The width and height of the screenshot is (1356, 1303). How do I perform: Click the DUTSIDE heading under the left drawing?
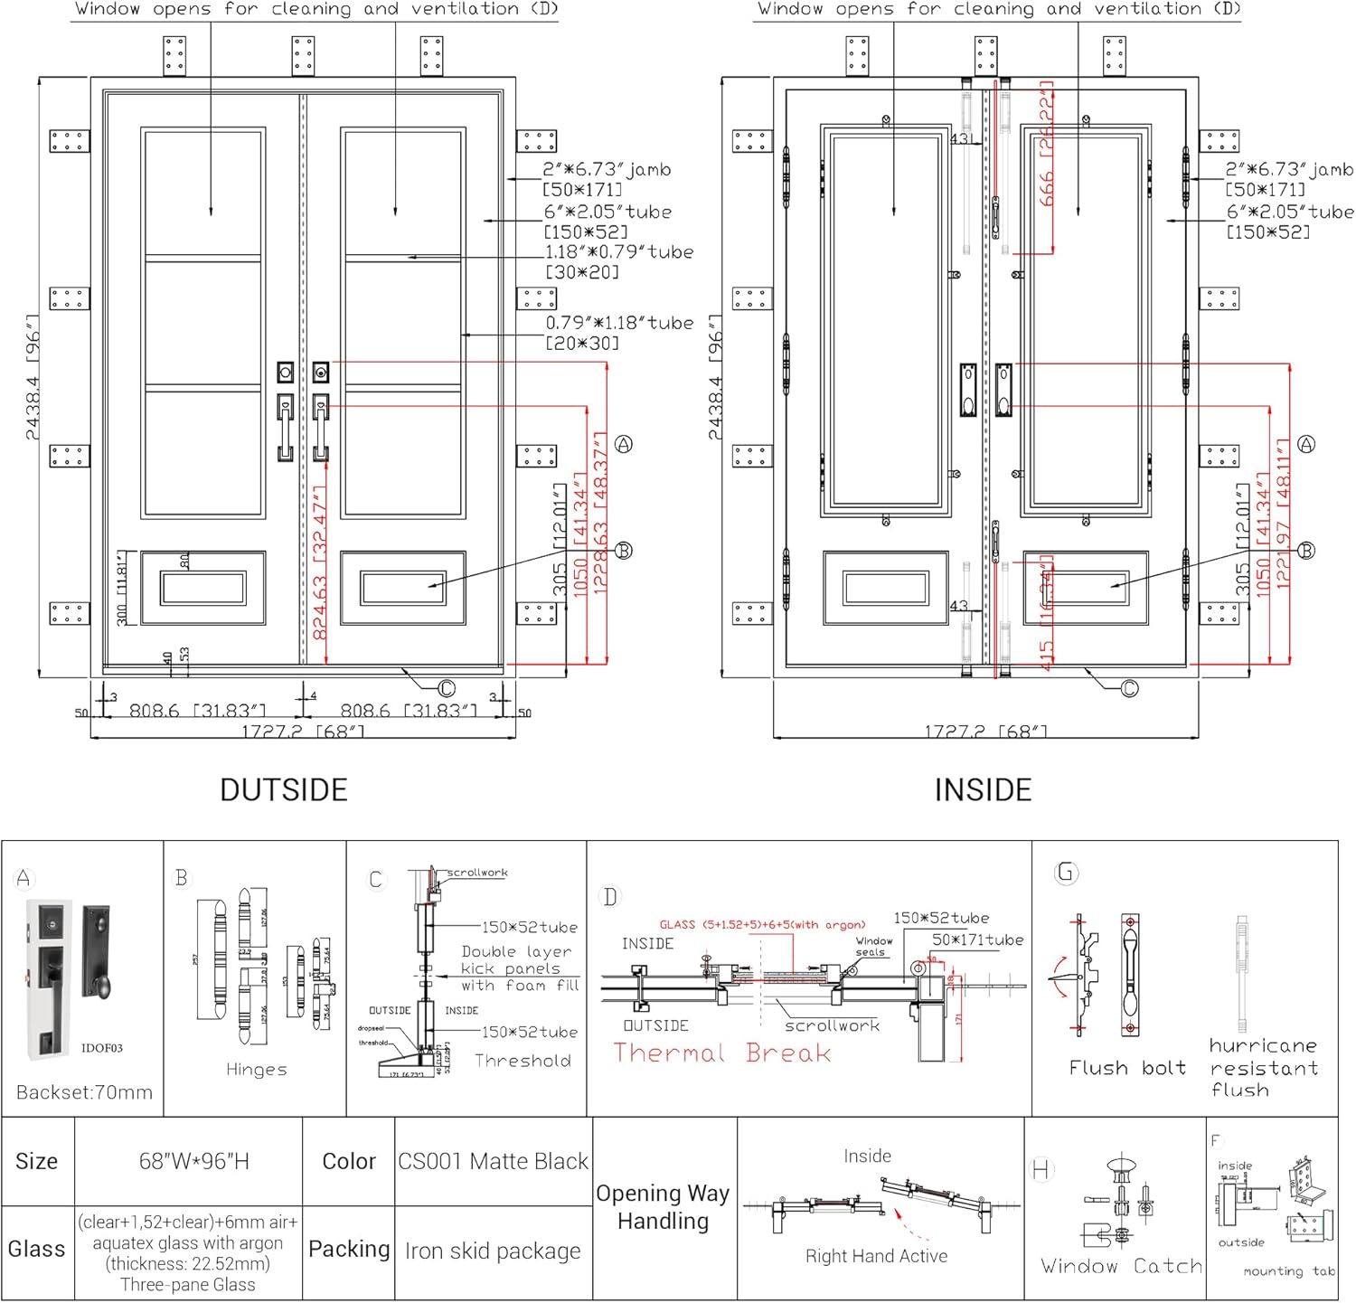point(284,789)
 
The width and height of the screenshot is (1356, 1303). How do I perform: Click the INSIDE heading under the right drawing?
point(983,789)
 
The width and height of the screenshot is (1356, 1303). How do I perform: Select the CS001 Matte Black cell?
point(493,1161)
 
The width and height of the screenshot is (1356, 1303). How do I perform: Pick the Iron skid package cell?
point(493,1251)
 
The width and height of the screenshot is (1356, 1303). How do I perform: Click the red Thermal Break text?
point(721,1053)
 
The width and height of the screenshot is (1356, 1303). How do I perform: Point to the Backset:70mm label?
point(84,1092)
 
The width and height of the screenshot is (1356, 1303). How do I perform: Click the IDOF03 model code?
point(101,1048)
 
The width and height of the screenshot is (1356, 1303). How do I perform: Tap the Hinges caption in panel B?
point(257,1069)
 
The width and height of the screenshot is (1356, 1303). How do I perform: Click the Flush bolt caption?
point(1126,1068)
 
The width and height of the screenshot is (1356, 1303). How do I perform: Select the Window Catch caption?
point(1121,1266)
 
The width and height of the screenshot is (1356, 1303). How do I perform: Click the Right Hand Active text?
point(876,1256)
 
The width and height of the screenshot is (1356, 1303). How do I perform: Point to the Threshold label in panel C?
point(523,1061)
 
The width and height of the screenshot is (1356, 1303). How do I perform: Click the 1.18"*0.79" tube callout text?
point(618,252)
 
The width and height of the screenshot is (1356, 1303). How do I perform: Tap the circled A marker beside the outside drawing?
point(623,444)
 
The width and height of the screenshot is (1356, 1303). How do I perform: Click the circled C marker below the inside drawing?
point(1129,689)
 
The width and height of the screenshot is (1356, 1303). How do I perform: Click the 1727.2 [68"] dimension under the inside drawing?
point(985,731)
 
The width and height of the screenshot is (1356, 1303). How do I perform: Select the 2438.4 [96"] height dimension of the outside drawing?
point(33,377)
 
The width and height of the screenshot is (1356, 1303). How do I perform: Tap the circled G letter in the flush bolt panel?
point(1066,873)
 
